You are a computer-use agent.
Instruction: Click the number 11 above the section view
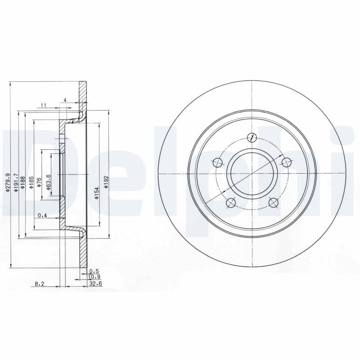(44, 105)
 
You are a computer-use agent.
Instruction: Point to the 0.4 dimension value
(43, 216)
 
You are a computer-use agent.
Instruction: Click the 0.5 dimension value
(94, 271)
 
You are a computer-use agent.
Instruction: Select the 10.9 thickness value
(94, 278)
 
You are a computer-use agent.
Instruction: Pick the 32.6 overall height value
(94, 284)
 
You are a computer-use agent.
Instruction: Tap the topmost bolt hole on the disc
(252, 138)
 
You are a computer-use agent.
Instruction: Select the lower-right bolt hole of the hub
(273, 202)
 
